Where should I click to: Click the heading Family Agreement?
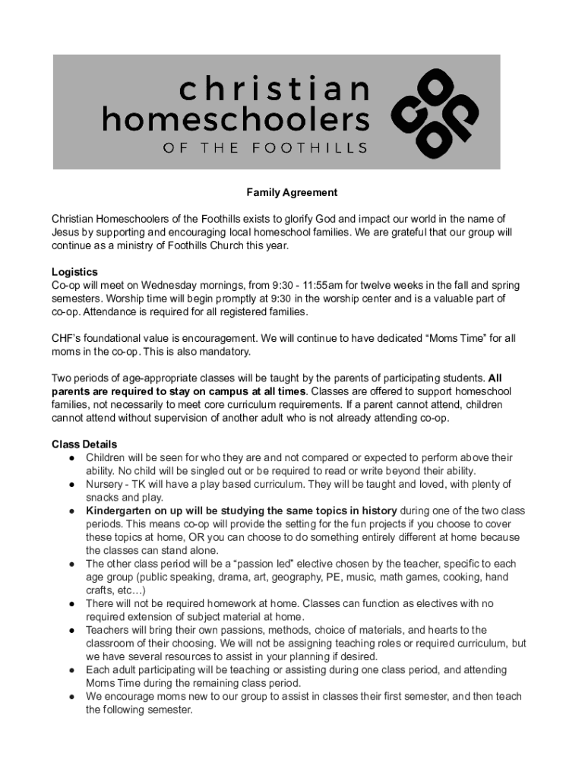coord(292,193)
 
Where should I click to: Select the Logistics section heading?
coord(74,272)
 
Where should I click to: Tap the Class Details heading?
coord(84,444)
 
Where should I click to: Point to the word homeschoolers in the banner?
coord(236,119)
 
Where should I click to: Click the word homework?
coord(217,603)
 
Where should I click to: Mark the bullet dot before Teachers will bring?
coord(71,630)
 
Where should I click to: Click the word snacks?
coord(103,497)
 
